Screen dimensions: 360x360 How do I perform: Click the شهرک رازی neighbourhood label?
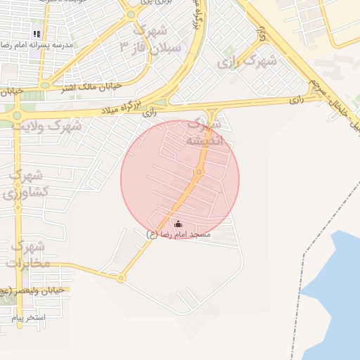(x=247, y=61)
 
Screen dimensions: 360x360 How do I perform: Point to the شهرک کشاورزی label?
(x=28, y=183)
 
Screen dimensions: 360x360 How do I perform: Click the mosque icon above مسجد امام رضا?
(x=177, y=224)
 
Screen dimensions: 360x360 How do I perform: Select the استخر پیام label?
(x=28, y=318)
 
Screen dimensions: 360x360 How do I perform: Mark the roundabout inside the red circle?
(x=199, y=172)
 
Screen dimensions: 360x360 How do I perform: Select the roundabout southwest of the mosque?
(x=121, y=278)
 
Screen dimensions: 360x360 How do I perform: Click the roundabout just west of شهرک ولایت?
(x=18, y=114)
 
